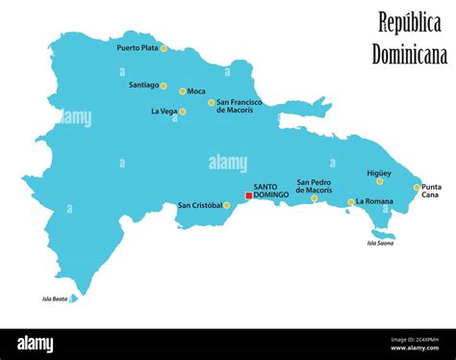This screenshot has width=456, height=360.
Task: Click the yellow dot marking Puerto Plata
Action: pos(164,48)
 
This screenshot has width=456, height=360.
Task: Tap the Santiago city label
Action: pos(143,85)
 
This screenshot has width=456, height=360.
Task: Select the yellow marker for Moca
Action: pos(182,91)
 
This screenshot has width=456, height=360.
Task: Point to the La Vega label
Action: pos(163,111)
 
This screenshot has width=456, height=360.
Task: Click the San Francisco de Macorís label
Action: pos(235,106)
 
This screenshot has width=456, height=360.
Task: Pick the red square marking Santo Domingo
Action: pos(248,195)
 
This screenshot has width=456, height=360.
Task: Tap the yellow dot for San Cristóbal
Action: pos(227,205)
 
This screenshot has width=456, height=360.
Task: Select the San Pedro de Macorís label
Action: pos(315,186)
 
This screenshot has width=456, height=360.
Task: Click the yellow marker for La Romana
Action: pos(351,202)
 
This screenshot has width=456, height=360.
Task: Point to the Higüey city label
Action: pos(379,173)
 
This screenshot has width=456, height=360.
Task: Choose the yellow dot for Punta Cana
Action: pos(417,188)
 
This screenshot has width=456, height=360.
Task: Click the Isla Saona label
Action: pos(380,244)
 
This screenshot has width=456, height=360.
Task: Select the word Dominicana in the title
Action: pos(410,54)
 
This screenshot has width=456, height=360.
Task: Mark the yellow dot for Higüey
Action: pos(379,181)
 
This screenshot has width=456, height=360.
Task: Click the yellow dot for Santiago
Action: pos(164,85)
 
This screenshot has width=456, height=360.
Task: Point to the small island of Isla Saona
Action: pos(383,234)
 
